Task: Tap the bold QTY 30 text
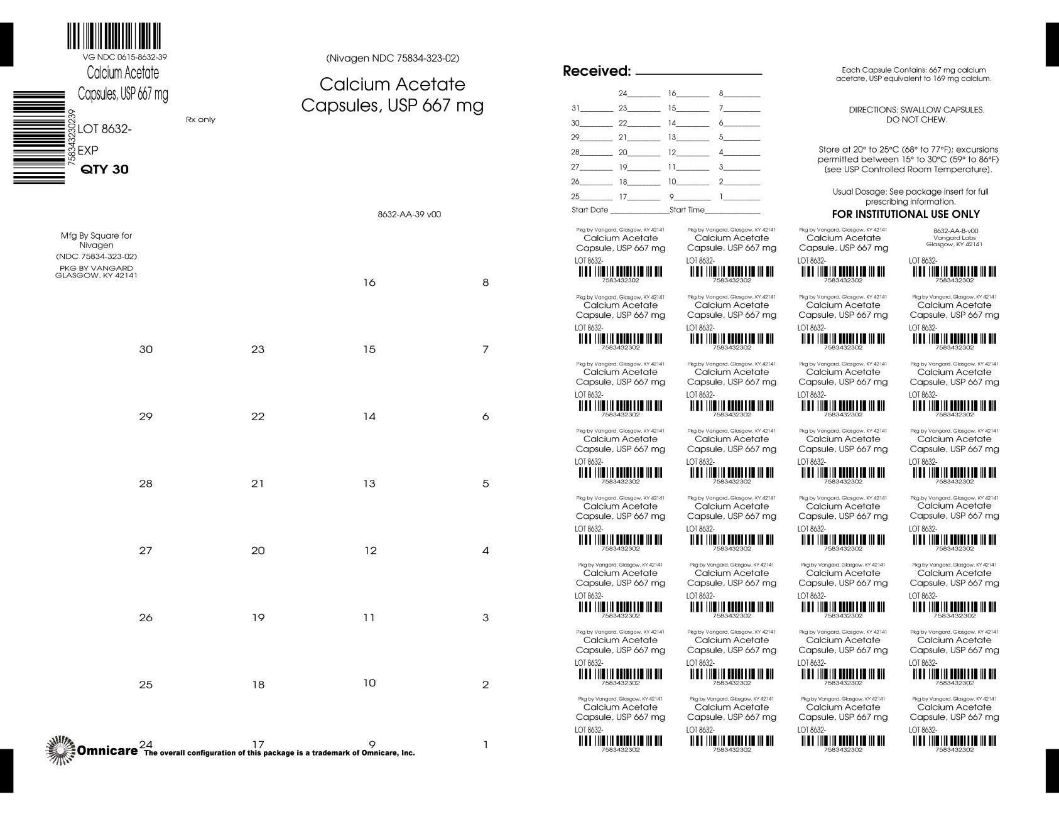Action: click(106, 170)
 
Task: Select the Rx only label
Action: click(200, 120)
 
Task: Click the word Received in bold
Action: click(596, 71)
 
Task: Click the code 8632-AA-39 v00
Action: click(410, 214)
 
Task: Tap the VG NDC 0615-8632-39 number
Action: click(120, 57)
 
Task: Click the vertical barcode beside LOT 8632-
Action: click(39, 137)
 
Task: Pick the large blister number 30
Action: click(146, 350)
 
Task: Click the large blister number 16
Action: click(369, 283)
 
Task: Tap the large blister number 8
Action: click(485, 283)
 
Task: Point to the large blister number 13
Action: click(369, 484)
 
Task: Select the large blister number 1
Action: click(485, 746)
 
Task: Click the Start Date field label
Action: click(590, 210)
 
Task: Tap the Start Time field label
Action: click(687, 210)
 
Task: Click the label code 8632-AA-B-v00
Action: click(955, 231)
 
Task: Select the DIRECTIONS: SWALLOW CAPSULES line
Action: click(916, 110)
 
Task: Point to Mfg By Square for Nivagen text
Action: click(96, 241)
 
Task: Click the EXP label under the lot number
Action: click(88, 151)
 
